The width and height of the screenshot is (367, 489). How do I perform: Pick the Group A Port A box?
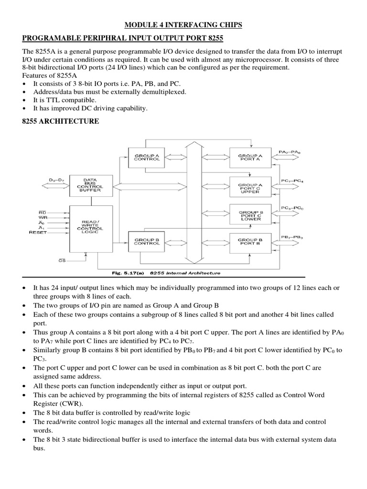pyautogui.click(x=250, y=157)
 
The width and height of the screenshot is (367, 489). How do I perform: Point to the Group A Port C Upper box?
pyautogui.click(x=250, y=186)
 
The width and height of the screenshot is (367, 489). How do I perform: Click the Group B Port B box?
pyautogui.click(x=250, y=242)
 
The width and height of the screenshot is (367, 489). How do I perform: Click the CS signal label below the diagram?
pyautogui.click(x=62, y=261)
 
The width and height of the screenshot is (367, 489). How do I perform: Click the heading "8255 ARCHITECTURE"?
pyautogui.click(x=61, y=122)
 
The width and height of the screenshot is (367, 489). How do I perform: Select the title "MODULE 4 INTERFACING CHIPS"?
pyautogui.click(x=183, y=25)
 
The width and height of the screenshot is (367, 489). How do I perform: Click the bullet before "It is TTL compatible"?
pyautogui.click(x=24, y=100)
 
